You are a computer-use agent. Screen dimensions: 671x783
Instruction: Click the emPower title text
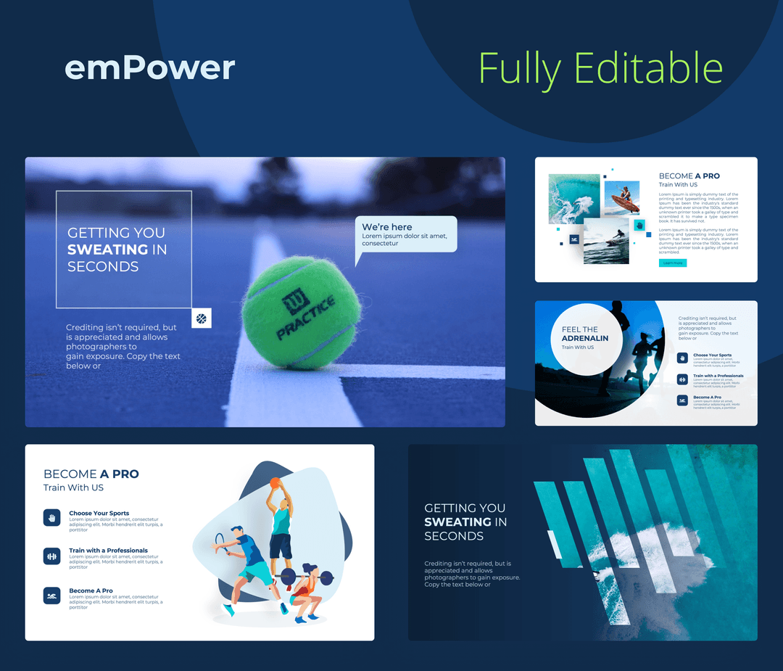coord(149,68)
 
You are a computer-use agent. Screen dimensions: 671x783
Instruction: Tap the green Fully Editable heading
coord(600,69)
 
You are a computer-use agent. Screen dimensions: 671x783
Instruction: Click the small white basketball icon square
coord(202,318)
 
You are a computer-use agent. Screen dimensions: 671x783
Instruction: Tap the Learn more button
coord(672,263)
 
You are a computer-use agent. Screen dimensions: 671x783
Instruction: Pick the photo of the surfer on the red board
coord(622,198)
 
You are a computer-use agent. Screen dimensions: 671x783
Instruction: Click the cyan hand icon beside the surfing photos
coord(639,225)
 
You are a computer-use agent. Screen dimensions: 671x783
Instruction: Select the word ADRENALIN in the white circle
coord(585,338)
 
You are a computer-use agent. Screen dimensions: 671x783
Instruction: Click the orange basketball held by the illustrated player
coord(275,482)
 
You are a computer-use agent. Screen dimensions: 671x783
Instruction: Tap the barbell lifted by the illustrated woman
coord(304,577)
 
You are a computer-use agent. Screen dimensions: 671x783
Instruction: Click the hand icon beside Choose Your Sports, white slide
coord(51,517)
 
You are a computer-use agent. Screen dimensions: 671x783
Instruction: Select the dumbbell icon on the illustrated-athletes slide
coord(51,556)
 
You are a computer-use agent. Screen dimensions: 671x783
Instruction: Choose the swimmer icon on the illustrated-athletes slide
coord(51,596)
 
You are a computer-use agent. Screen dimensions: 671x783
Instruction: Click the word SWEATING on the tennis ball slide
coord(107,250)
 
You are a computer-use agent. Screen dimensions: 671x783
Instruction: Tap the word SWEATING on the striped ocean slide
coord(457,522)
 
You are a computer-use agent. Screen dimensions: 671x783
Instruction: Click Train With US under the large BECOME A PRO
coord(73,487)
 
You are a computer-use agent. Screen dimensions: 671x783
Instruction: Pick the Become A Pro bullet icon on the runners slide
coord(682,400)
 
